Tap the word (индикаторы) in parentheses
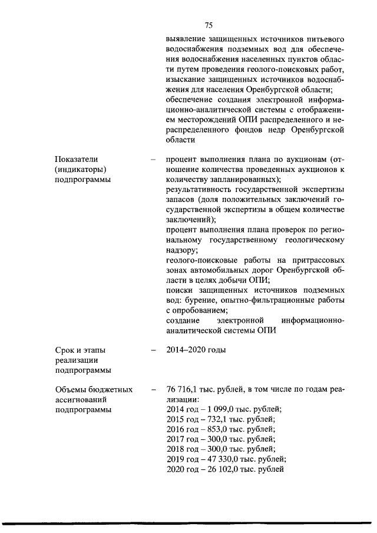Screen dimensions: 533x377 pyautogui.click(x=80, y=170)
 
